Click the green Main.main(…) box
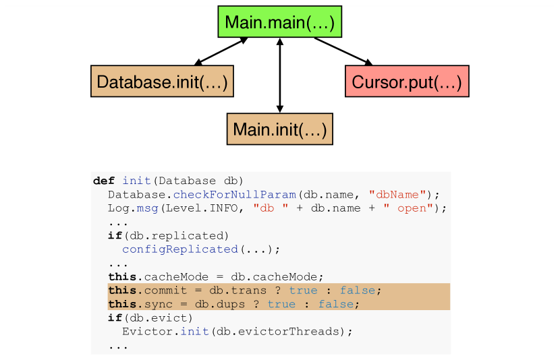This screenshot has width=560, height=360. [279, 22]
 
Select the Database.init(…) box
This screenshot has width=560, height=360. [162, 82]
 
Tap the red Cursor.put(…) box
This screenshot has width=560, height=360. [406, 82]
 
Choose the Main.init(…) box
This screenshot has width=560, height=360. [279, 129]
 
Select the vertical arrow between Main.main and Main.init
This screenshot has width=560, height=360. [279, 75]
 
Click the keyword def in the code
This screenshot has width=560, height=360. [104, 181]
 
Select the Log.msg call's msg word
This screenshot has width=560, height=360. [147, 208]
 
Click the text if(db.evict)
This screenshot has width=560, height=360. [150, 318]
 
